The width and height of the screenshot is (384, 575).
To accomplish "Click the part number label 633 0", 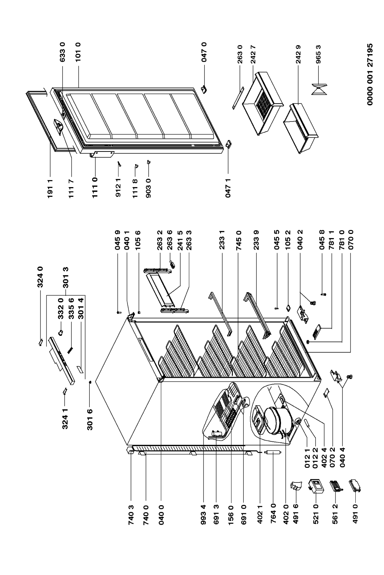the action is (62, 52).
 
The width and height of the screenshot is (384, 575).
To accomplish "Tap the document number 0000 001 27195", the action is (370, 74).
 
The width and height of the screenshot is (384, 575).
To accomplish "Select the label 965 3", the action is (318, 54).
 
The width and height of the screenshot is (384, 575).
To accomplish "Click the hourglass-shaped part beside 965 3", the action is (319, 89).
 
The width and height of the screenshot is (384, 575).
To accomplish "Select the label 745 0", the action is (239, 240).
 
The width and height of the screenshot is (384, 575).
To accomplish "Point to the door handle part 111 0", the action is (102, 154).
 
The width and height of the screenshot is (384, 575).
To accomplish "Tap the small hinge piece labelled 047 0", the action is (204, 89).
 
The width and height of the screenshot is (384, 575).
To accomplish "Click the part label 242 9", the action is (298, 54).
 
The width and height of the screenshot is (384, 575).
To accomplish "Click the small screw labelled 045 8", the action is (323, 294).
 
